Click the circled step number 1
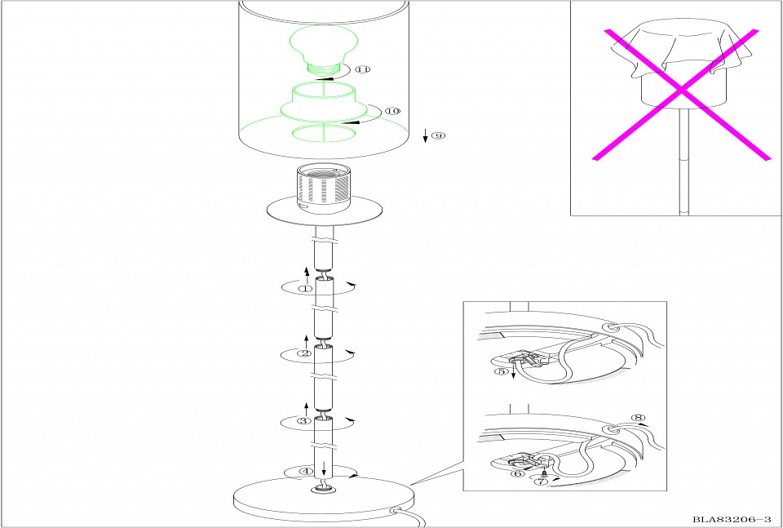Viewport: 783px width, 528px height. click(x=305, y=289)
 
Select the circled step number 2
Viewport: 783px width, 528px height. click(x=304, y=353)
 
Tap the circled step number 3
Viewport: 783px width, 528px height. click(x=304, y=421)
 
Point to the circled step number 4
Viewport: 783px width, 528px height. click(x=306, y=471)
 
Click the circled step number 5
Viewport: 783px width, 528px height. click(x=500, y=371)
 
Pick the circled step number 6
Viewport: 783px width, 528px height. click(x=519, y=473)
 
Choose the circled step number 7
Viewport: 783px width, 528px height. click(x=541, y=481)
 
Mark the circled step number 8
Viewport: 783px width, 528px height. click(x=638, y=418)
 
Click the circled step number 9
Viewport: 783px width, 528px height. click(x=438, y=135)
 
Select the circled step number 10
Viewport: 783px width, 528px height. click(x=393, y=111)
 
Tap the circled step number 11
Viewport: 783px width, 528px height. click(x=363, y=69)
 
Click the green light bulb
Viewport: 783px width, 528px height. click(x=324, y=51)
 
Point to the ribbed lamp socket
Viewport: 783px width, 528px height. click(x=323, y=188)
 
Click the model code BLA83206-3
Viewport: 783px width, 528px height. click(x=731, y=520)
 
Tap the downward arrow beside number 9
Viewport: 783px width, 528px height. click(x=426, y=135)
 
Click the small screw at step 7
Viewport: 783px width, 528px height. click(x=543, y=473)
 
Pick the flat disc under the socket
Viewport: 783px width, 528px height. click(x=325, y=211)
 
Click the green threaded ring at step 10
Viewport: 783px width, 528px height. click(x=324, y=102)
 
